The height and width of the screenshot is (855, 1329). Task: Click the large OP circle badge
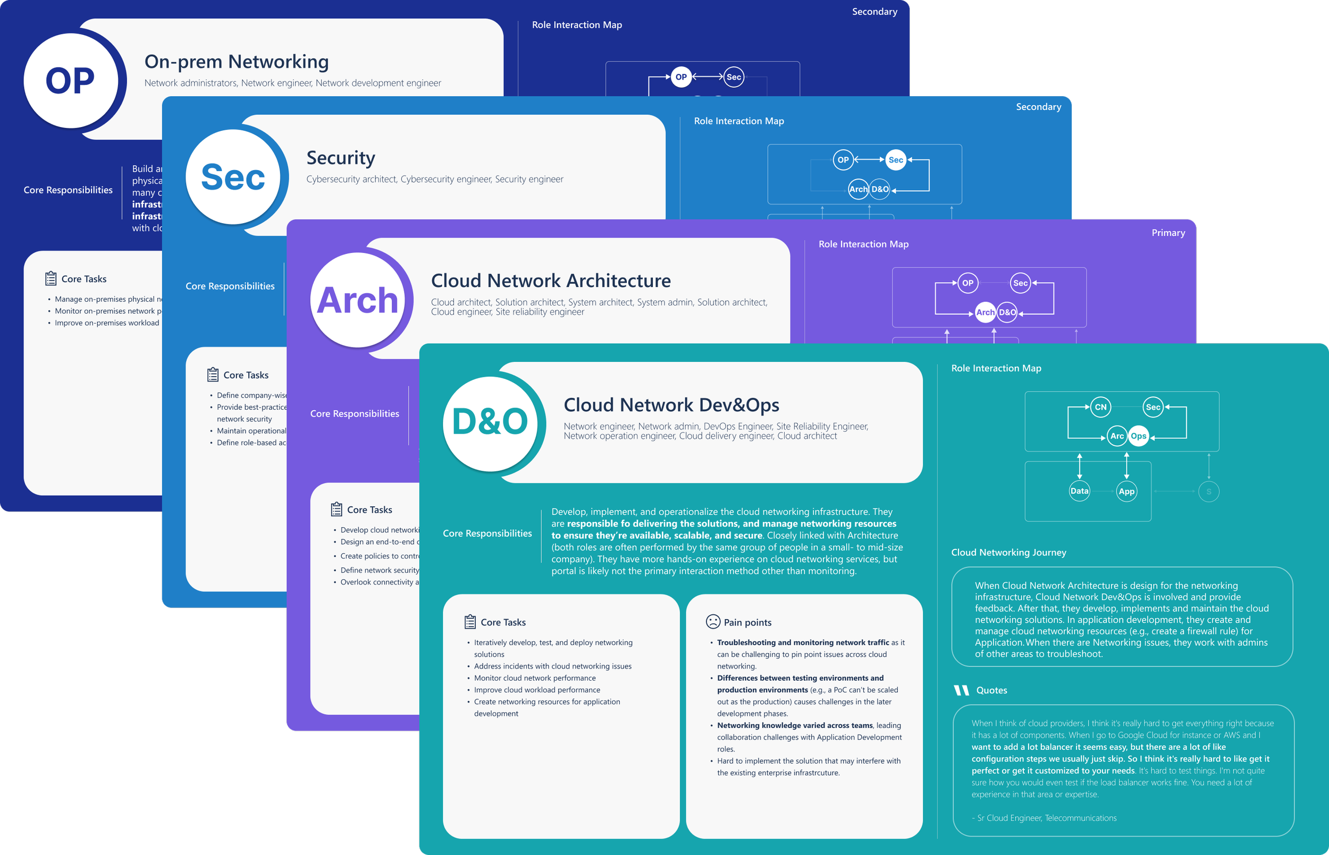[x=71, y=80]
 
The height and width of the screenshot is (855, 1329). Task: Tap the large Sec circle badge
[x=233, y=177]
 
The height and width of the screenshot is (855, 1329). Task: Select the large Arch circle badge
[x=357, y=300]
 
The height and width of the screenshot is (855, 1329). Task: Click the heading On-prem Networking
[x=237, y=62]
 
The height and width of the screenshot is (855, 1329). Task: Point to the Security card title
[x=340, y=158]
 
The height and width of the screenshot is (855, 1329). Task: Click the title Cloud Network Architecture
[x=550, y=281]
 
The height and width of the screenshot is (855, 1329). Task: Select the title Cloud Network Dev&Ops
[x=671, y=405]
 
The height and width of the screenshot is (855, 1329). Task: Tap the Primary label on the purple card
[x=1168, y=233]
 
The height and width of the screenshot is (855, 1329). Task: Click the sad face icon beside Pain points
[x=712, y=622]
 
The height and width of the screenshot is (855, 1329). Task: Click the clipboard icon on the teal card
[x=470, y=622]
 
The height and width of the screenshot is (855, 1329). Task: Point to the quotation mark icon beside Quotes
[x=961, y=690]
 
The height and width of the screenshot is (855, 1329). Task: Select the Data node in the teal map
[x=1079, y=491]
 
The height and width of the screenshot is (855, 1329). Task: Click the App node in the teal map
[x=1126, y=492]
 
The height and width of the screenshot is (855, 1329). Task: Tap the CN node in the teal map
[x=1100, y=407]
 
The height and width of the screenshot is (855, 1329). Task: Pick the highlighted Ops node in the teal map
[x=1138, y=436]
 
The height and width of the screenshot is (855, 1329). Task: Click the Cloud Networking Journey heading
[x=1008, y=553]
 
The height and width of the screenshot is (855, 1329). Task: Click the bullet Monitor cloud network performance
[x=534, y=678]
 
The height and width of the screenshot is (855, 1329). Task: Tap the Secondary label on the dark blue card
[x=874, y=12]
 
